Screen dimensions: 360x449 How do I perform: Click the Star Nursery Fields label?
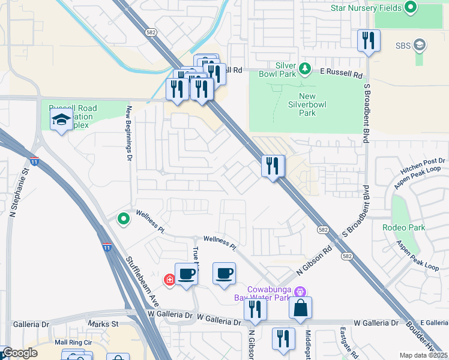(366, 8)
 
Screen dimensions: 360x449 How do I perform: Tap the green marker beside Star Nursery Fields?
(411, 8)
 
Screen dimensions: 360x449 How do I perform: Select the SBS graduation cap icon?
(420, 45)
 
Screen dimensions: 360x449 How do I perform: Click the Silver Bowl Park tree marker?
(305, 68)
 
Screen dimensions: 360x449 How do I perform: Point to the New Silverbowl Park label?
(307, 104)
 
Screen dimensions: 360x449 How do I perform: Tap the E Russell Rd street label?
(342, 74)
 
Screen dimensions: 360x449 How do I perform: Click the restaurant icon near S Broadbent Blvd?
(367, 41)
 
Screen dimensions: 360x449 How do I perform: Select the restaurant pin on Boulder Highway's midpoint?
(273, 166)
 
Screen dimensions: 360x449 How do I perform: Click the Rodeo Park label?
(403, 227)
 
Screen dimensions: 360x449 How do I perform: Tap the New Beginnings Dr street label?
(128, 133)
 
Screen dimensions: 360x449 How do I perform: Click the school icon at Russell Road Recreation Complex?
(62, 120)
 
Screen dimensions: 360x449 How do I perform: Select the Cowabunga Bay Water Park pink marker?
(300, 292)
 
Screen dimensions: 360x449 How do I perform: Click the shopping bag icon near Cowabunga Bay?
(301, 308)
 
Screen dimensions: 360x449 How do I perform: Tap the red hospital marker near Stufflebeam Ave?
(170, 279)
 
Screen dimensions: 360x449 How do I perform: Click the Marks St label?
(103, 324)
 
